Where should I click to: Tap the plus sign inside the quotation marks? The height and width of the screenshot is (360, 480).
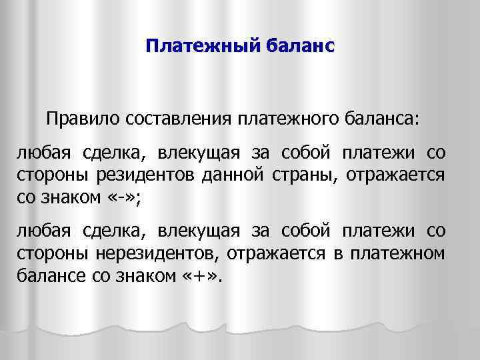pyautogui.click(x=195, y=273)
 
